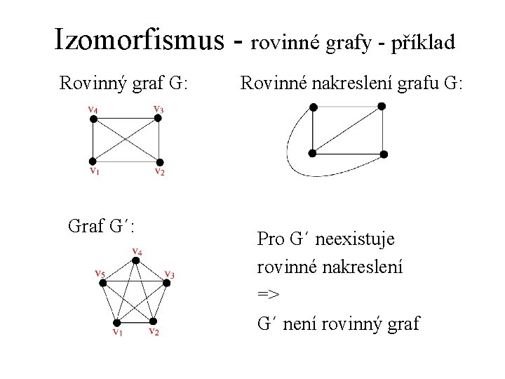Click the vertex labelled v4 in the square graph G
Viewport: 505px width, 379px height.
point(92,119)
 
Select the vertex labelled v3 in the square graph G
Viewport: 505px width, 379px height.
point(159,119)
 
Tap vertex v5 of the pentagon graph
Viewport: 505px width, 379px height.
point(102,283)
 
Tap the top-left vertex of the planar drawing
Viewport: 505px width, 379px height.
point(314,107)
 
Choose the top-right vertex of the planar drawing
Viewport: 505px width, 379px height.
point(382,107)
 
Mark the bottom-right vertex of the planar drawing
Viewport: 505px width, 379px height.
point(384,153)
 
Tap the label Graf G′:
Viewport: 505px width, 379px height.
point(102,226)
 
